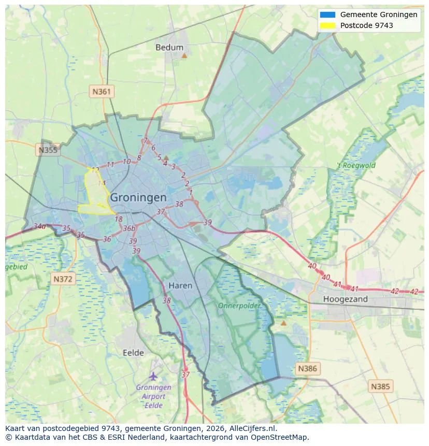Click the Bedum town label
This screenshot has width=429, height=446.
point(169,48)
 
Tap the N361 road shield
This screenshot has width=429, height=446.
point(102,92)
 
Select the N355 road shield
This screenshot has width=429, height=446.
point(48,150)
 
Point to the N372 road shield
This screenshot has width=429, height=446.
point(64,279)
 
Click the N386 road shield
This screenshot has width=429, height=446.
point(307,369)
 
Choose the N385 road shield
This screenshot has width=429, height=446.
point(381,386)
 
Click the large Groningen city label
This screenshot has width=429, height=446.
point(138,197)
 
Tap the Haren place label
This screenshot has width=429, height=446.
point(180,285)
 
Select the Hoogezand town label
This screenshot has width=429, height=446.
point(345,299)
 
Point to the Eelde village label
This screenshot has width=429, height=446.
point(133,353)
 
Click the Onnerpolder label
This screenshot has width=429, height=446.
point(239,306)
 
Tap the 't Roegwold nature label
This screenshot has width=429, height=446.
point(356,166)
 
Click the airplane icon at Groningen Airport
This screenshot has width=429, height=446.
point(153,376)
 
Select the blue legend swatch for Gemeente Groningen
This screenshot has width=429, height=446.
point(328,15)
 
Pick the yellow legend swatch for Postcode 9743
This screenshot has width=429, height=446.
point(328,25)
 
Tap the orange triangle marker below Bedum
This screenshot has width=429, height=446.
point(184,55)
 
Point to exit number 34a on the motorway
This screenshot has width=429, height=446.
point(39,226)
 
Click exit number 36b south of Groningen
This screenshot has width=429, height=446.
point(129,228)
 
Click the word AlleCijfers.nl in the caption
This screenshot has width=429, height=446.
point(253,428)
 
